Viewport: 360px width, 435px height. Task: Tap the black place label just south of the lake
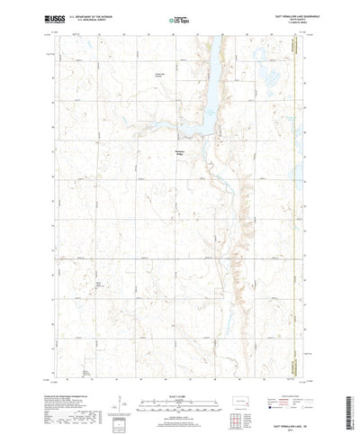pyautogui.click(x=180, y=153)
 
